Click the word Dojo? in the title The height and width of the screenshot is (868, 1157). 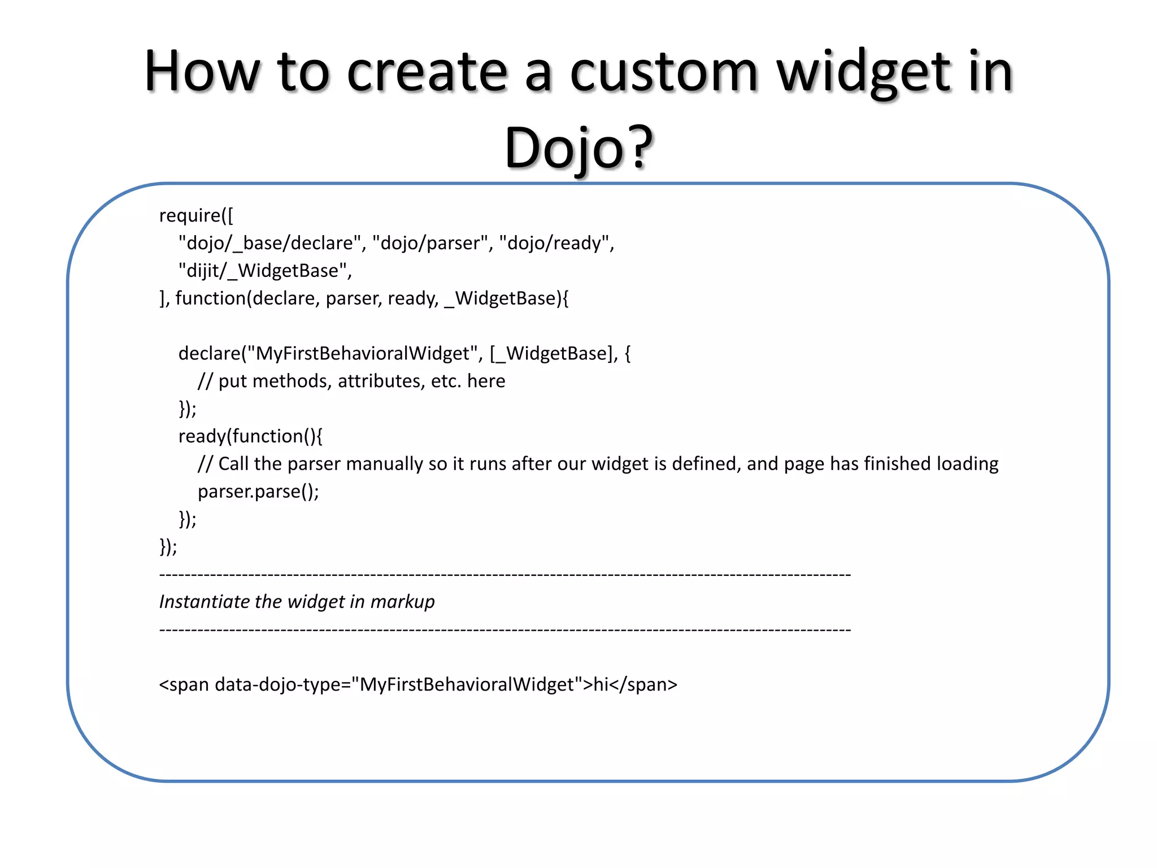click(578, 148)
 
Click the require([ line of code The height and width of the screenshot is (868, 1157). click(196, 215)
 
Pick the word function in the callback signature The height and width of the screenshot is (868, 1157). click(211, 298)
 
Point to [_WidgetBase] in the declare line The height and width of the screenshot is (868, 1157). click(553, 353)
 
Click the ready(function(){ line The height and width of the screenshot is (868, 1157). click(250, 436)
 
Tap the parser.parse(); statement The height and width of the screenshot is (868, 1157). click(258, 491)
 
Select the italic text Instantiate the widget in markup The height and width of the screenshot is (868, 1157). click(297, 601)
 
